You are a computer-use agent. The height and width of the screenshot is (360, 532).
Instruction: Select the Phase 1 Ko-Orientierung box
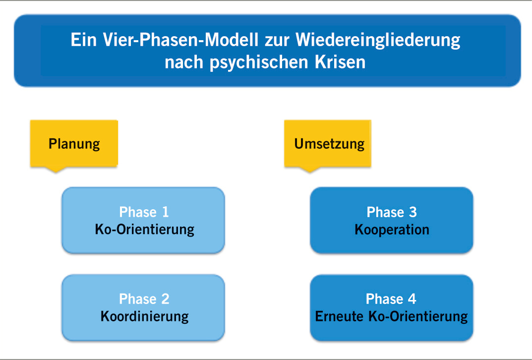pyautogui.click(x=143, y=220)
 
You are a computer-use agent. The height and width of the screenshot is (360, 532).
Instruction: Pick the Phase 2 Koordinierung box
pyautogui.click(x=143, y=307)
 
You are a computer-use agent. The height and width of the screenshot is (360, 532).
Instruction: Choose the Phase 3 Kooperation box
pyautogui.click(x=391, y=220)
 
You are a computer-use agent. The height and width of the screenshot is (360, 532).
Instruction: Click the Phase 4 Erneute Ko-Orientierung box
pyautogui.click(x=391, y=307)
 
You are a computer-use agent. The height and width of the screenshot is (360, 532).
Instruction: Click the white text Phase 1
pyautogui.click(x=144, y=212)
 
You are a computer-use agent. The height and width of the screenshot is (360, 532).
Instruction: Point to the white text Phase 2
pyautogui.click(x=144, y=299)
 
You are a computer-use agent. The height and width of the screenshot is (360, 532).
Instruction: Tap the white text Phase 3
pyautogui.click(x=392, y=212)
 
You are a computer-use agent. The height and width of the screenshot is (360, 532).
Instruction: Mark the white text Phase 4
pyautogui.click(x=391, y=299)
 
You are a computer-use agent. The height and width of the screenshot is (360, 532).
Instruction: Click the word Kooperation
pyautogui.click(x=392, y=230)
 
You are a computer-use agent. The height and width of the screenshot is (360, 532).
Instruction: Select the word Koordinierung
pyautogui.click(x=144, y=316)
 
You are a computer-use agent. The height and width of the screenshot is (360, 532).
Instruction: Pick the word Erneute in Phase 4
pyautogui.click(x=339, y=316)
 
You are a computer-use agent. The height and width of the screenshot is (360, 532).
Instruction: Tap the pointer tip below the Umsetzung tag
pyautogui.click(x=310, y=170)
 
